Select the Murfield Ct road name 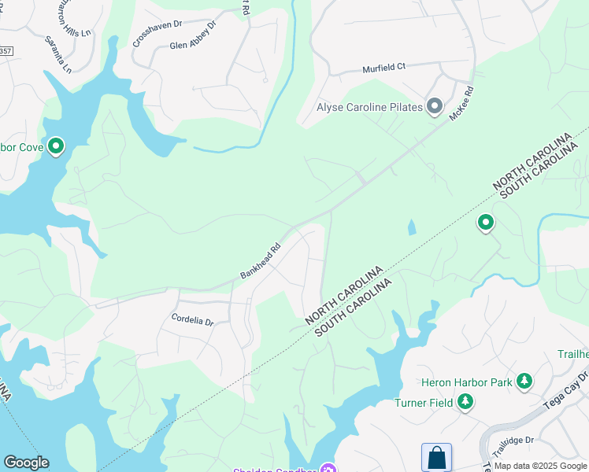click(383, 68)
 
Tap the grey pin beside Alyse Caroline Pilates click(435, 107)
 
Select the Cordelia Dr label click(193, 320)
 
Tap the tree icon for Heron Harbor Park click(524, 382)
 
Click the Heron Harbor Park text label click(466, 383)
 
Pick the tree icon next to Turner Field click(465, 403)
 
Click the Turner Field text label click(424, 404)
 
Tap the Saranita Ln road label click(57, 54)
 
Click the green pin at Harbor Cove click(56, 146)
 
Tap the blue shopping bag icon click(436, 458)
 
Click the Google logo click(26, 463)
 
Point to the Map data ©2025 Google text click(539, 466)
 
